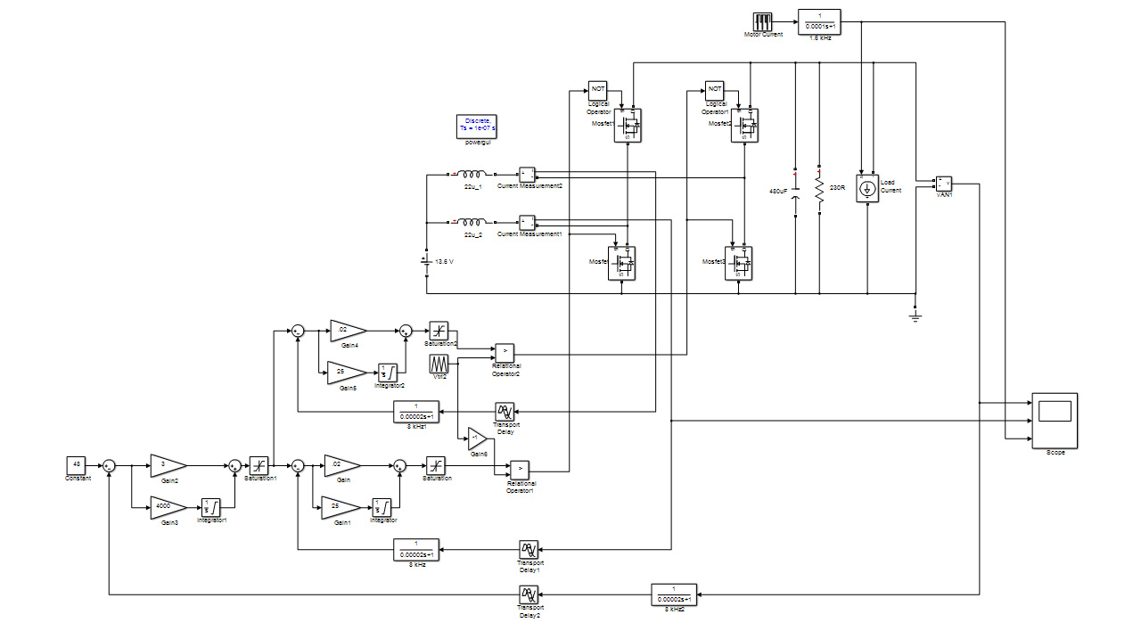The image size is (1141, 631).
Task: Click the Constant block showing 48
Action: coord(77,465)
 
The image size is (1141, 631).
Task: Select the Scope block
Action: coord(1055,421)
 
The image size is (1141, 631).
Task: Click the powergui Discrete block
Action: coord(477,126)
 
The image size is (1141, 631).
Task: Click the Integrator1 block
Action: coord(211,507)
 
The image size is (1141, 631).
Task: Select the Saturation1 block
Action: coord(259,465)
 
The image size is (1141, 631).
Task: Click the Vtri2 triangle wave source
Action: coord(439,365)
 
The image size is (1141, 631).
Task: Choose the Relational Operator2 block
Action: coord(505,353)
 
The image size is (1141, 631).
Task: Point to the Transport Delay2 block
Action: coord(528,594)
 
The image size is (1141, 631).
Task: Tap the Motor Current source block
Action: coord(763,21)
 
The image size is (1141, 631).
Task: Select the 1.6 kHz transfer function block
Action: coord(818,21)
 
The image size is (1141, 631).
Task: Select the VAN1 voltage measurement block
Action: coord(943,184)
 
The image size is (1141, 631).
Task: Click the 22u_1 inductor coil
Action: coord(473,175)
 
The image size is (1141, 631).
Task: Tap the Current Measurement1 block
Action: coord(527,222)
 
